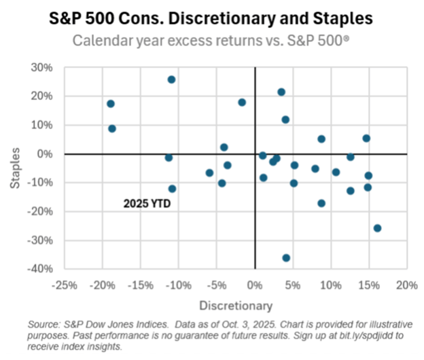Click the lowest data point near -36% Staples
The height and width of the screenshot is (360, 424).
pos(286,257)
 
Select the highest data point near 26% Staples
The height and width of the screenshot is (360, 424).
pos(171,79)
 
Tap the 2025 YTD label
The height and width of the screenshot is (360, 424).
pos(147,202)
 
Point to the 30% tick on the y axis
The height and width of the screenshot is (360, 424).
pos(42,67)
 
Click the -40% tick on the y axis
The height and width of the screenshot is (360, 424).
pos(40,269)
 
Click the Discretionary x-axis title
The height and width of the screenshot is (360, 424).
pos(236,305)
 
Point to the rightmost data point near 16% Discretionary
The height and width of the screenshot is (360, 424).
pos(377,228)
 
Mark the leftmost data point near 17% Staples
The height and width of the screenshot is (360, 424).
pos(111,104)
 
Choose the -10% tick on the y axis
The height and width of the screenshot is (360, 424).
pos(40,183)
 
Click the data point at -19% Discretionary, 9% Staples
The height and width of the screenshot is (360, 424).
pos(112,128)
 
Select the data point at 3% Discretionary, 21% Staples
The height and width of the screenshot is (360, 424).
pos(281,92)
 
